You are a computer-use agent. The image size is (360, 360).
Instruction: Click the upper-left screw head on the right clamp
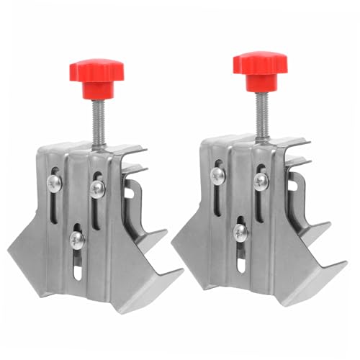[217, 175]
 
